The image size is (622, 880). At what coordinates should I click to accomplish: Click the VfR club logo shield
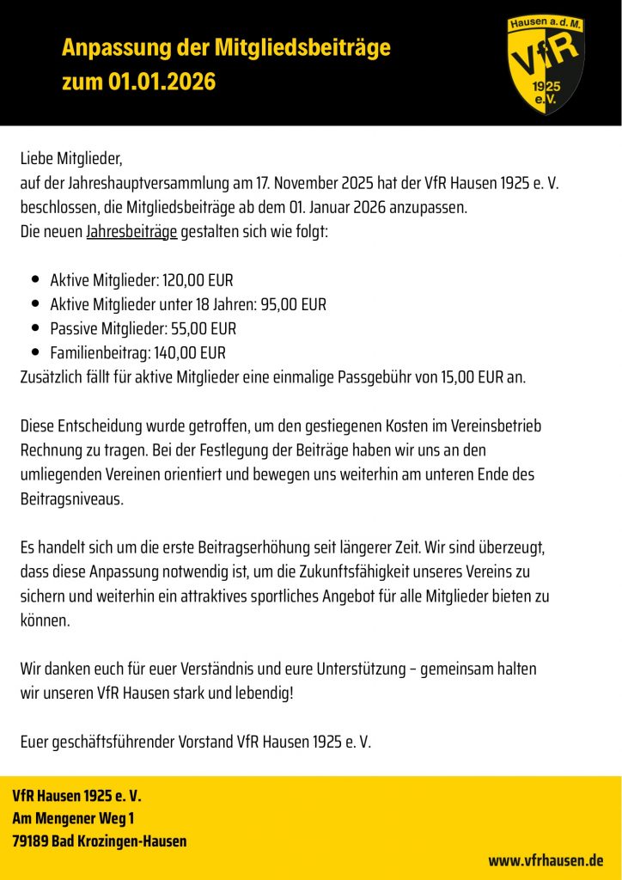coord(546,64)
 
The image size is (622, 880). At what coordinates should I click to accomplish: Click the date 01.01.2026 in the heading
coord(162,82)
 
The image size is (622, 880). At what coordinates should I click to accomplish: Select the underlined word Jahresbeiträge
coord(131,233)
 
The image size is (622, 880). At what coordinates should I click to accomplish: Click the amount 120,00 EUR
coord(198,280)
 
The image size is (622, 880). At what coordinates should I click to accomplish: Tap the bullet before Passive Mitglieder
coord(35,328)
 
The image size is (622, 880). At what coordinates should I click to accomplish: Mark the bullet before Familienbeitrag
coord(35,352)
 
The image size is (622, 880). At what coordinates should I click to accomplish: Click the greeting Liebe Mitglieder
coord(72,159)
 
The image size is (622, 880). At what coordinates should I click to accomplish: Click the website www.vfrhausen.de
coord(546,860)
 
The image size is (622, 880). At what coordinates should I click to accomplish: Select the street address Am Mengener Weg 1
coord(73,818)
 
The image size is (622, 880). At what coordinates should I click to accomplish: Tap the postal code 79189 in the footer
coord(30,840)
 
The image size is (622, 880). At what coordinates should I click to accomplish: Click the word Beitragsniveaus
coord(71,498)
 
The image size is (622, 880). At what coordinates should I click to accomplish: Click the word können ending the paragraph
coord(44,620)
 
